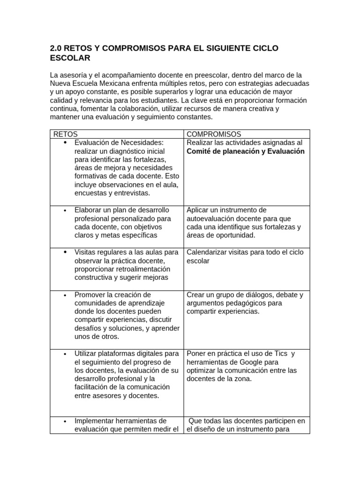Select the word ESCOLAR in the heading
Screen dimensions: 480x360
pyautogui.click(x=70, y=58)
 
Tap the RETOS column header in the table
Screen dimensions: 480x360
pyautogui.click(x=66, y=134)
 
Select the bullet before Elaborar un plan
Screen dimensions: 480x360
pyautogui.click(x=65, y=210)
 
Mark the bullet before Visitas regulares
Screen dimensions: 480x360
pyautogui.click(x=65, y=252)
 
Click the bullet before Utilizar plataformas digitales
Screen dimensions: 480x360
pyautogui.click(x=65, y=353)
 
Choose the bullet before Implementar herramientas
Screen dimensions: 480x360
pyautogui.click(x=65, y=421)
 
